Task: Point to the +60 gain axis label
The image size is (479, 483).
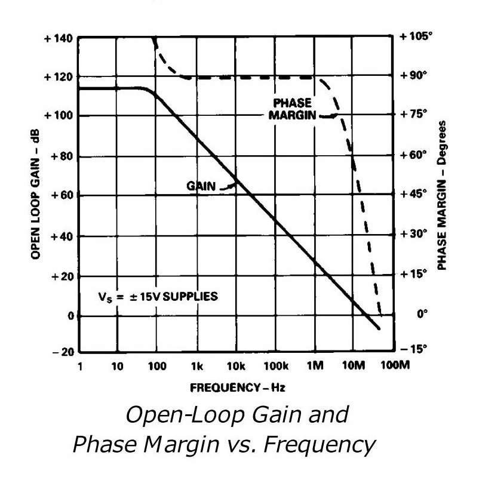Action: pos(60,195)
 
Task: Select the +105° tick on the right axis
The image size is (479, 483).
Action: pos(416,36)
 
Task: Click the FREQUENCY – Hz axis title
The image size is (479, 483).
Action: pos(237,388)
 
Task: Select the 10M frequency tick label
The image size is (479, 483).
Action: pos(354,366)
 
